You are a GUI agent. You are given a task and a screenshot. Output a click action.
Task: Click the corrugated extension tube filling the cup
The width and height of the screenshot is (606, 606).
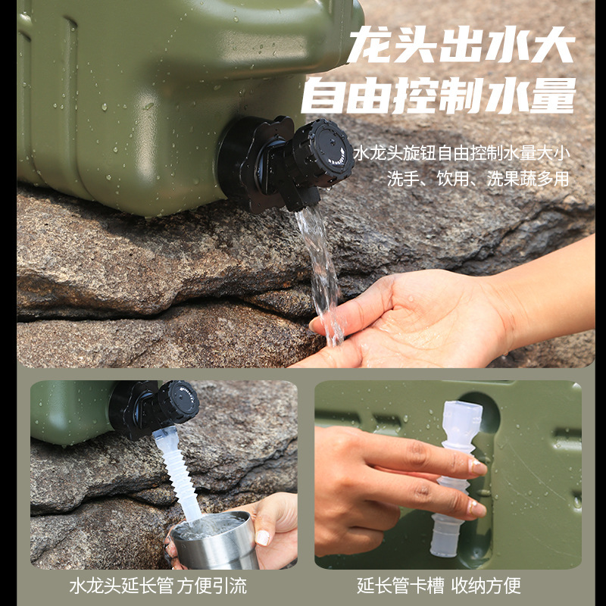[x=180, y=473]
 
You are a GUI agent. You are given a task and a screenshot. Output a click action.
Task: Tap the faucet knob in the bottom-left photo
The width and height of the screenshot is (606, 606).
[x=177, y=402]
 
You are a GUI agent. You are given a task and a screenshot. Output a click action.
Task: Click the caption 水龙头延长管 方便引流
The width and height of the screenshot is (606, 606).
[x=158, y=586]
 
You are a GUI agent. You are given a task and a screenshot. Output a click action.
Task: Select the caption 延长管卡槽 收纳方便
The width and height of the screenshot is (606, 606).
[x=439, y=586]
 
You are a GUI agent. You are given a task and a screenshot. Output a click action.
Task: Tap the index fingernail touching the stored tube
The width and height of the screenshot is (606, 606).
[x=476, y=467]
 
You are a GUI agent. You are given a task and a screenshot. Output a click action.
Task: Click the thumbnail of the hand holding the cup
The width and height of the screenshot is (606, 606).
[x=263, y=537]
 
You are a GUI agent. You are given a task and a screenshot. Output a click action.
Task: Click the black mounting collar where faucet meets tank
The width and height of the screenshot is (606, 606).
[x=239, y=163]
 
